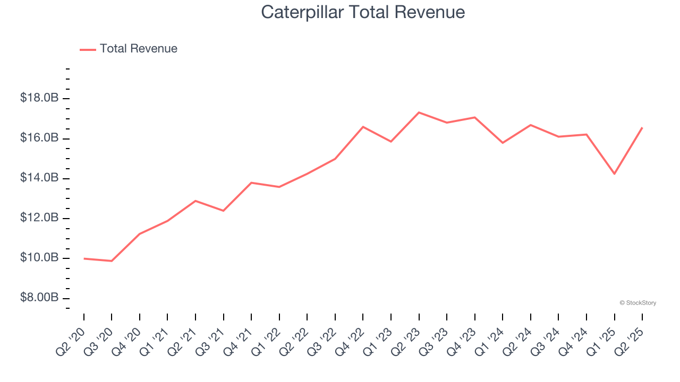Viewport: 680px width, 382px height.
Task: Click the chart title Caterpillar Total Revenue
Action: tap(363, 12)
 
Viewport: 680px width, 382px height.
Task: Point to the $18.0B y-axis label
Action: tap(39, 98)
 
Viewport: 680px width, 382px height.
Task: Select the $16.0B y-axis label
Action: tap(39, 138)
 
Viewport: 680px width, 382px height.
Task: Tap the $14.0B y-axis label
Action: tap(39, 178)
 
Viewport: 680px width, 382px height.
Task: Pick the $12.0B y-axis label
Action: tap(39, 218)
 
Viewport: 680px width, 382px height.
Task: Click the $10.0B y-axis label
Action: tap(39, 258)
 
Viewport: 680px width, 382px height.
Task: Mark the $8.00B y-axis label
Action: tap(39, 298)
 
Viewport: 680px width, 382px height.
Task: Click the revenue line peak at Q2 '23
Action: tap(419, 112)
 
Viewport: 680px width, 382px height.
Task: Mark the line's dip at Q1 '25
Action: tap(614, 173)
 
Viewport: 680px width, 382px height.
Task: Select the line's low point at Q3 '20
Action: tap(112, 261)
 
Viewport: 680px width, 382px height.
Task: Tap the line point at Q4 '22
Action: tap(363, 127)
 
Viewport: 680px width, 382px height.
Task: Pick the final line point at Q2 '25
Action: tap(642, 128)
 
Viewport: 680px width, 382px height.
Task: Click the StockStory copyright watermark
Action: tap(637, 303)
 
